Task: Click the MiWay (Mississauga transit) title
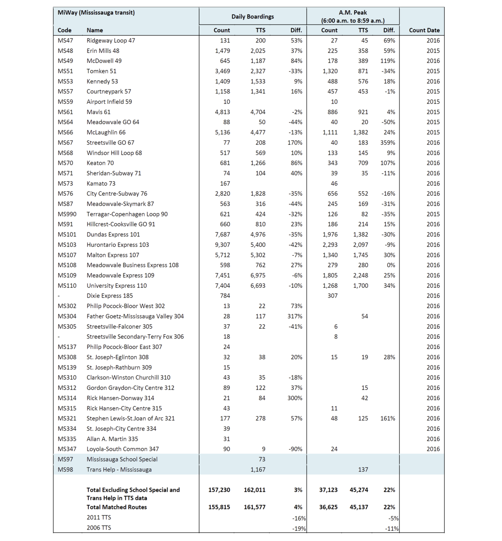coord(96,13)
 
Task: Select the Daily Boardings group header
coord(252,16)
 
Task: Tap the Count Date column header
coord(424,30)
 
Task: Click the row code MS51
coord(65,71)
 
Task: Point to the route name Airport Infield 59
coord(109,102)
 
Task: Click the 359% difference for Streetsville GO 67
coord(388,143)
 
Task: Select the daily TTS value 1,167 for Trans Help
coord(258,470)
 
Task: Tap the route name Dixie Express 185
coord(110,296)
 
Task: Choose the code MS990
coord(67,214)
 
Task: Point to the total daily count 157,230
coord(219,490)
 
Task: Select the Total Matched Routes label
coord(117,507)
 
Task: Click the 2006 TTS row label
coord(99,527)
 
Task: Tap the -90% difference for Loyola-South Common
coord(296,449)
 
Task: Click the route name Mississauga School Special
coord(122,459)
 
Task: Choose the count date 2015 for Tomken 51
coord(433,71)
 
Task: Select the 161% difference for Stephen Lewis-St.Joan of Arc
coord(388,418)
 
